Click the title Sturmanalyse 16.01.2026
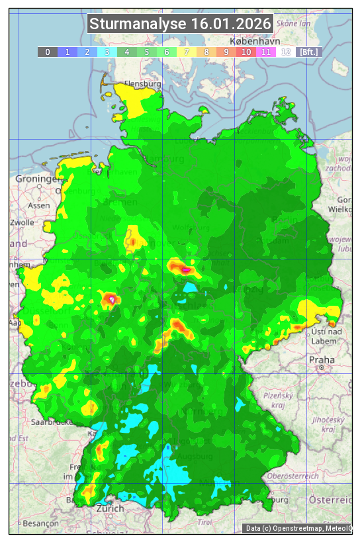(180, 24)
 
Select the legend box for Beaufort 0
(47, 52)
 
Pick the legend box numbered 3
(107, 52)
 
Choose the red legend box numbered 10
(246, 52)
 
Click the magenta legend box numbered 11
(265, 52)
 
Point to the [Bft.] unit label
(308, 52)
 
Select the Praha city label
(322, 359)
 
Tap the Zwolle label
(22, 222)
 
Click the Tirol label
(205, 522)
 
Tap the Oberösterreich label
(293, 475)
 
